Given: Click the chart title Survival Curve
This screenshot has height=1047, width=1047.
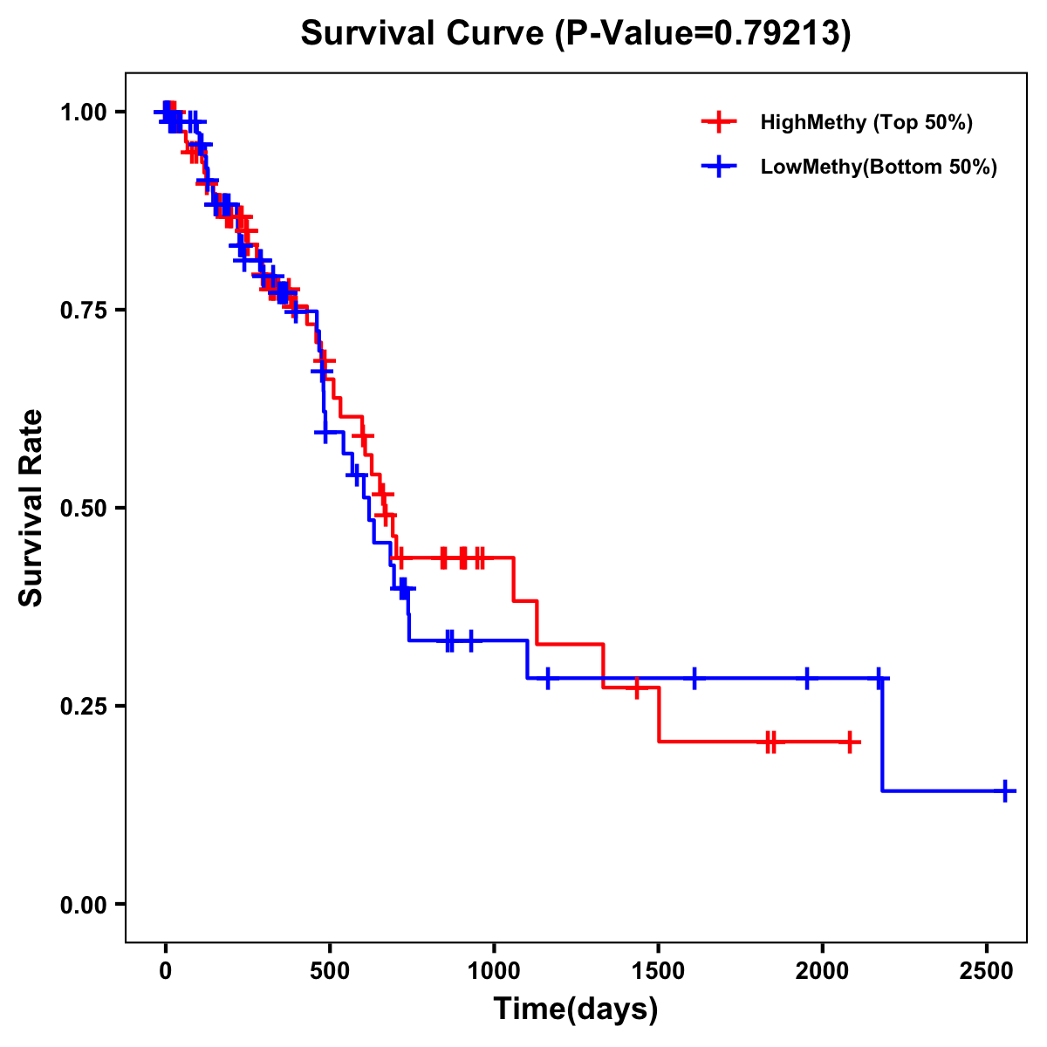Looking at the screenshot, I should point(575,33).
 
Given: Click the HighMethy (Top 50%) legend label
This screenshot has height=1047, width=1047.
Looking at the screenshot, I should point(866,122).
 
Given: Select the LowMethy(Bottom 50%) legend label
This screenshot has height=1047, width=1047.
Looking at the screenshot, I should point(878,167).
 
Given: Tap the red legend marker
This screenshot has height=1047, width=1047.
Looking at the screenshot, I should point(719,122).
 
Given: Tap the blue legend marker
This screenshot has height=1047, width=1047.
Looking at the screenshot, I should point(719,167).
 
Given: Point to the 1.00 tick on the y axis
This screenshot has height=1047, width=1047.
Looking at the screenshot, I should point(83,113).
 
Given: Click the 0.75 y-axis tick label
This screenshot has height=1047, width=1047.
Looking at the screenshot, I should point(83,311).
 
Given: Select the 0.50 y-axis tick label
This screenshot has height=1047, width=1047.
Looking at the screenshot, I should point(83,509).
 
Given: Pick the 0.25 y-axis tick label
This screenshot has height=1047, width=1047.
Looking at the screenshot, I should point(83,707).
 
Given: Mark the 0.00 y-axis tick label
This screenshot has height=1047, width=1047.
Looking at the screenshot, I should point(83,905).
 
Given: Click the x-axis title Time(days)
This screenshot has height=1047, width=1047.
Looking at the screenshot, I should point(576,1009).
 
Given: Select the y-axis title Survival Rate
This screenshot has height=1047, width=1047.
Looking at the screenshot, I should point(32,508).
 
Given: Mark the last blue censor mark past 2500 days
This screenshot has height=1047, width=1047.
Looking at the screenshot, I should point(1005,791).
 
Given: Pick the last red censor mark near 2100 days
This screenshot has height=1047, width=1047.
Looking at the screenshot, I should point(850,742).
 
